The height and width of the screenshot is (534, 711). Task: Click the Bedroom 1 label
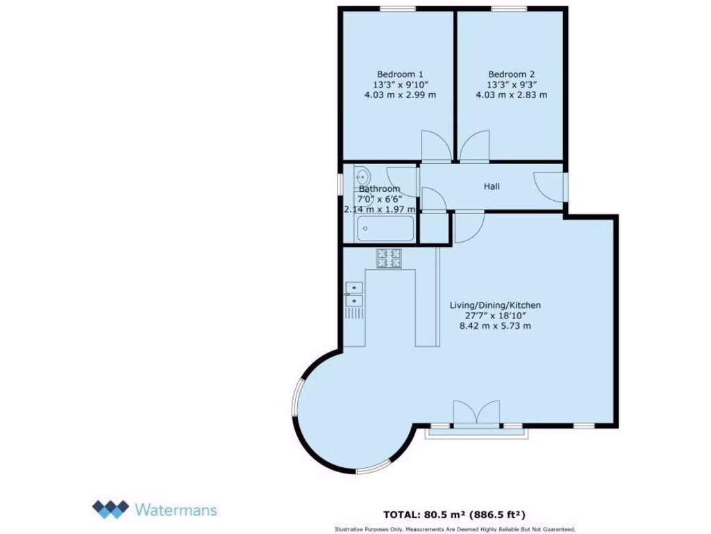400,74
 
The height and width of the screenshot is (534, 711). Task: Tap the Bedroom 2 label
511,74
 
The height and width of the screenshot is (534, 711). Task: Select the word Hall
492,186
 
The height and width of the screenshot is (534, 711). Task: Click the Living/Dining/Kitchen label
495,305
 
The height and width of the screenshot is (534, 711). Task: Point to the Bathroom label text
379,189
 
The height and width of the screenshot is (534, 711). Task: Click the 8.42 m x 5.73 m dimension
495,325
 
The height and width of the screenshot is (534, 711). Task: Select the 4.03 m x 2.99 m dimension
400,95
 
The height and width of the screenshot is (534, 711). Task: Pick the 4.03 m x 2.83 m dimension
511,95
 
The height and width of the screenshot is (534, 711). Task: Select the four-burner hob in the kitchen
390,259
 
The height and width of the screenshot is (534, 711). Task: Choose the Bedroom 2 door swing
474,147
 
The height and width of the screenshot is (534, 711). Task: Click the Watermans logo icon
110,509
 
